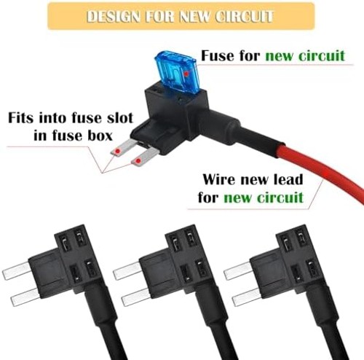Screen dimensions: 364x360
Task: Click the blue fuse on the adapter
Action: click(x=176, y=71)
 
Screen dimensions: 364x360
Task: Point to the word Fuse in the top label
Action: click(x=218, y=55)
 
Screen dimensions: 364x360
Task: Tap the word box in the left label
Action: click(x=100, y=136)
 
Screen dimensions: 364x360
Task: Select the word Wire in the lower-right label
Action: click(x=219, y=179)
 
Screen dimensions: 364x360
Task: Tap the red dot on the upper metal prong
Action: click(x=118, y=152)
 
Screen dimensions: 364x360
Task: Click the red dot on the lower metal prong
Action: click(x=138, y=160)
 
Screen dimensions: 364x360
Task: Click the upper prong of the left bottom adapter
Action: click(x=17, y=271)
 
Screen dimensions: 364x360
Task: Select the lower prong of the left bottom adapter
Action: click(x=25, y=297)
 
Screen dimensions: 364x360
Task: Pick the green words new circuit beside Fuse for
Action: click(x=305, y=55)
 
